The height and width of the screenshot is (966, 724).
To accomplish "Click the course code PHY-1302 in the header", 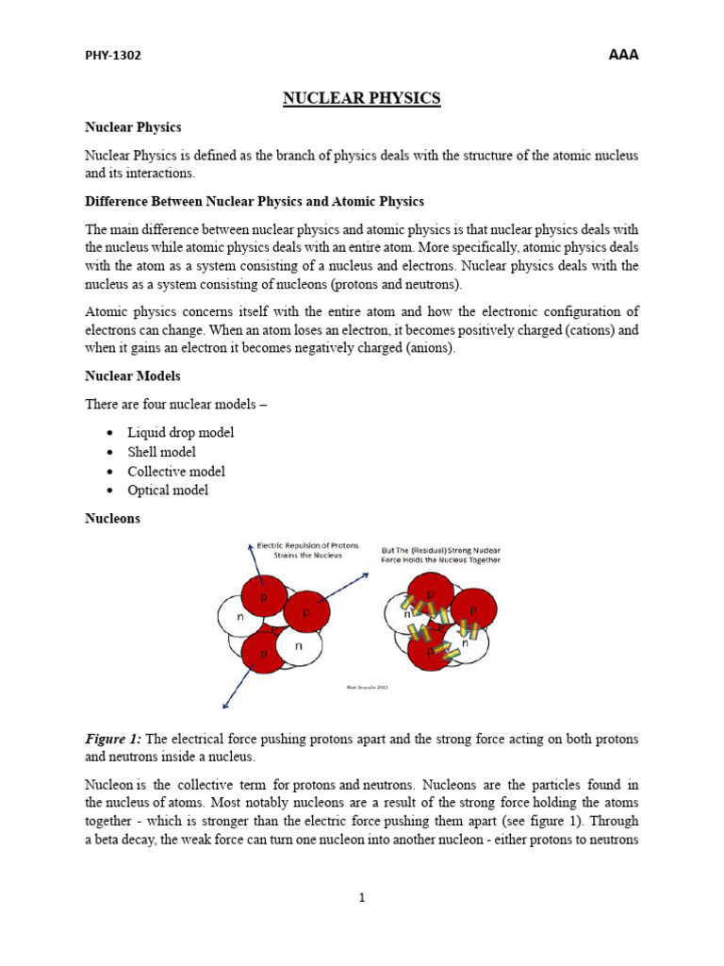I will point(113,56).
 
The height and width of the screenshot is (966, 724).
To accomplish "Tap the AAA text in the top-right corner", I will point(623,55).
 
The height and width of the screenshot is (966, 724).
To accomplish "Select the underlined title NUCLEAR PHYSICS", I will point(362,98).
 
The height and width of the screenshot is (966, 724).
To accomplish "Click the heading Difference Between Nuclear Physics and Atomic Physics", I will point(255,202).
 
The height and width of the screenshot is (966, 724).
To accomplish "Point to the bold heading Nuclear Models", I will point(132,375).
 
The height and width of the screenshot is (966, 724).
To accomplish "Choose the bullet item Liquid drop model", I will point(181,432).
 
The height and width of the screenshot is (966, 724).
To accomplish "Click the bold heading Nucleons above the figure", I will point(112,518).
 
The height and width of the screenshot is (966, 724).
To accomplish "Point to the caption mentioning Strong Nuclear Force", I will point(440,554).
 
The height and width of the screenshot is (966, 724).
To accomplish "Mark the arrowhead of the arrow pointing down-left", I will point(223,704).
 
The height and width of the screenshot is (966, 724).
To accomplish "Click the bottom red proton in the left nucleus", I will point(263,652).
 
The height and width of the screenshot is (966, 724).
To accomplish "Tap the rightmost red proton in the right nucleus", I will point(474,608).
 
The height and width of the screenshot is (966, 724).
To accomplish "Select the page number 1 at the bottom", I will point(362,897).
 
